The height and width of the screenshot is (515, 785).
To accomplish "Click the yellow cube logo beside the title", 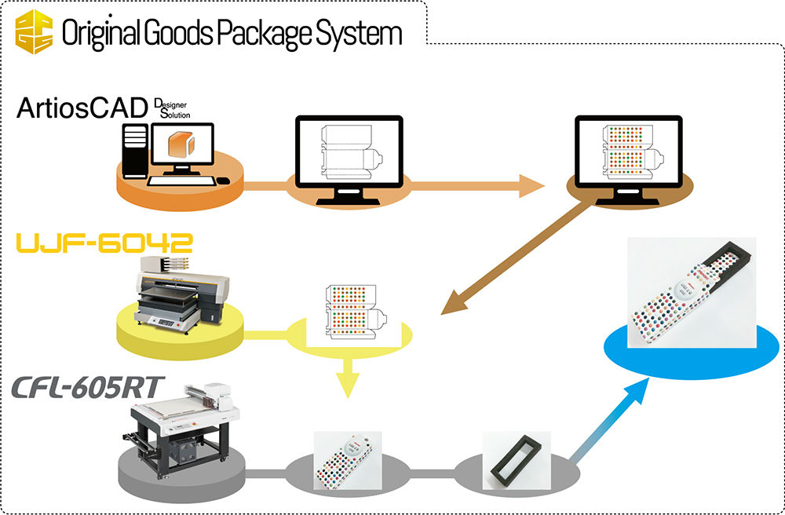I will (35, 32).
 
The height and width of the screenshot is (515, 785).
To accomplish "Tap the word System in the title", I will (366, 33).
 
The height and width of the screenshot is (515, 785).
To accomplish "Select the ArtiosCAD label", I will (83, 108).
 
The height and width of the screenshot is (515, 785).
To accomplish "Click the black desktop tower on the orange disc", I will (135, 150).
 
